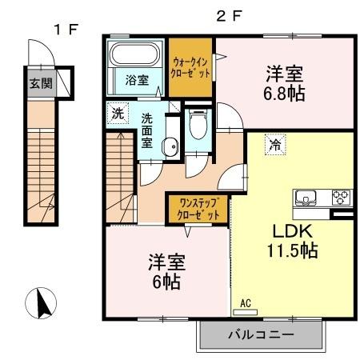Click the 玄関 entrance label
point(38,82)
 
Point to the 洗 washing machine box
point(118,113)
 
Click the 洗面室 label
point(147,130)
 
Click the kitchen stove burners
point(342,195)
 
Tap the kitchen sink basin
point(307,196)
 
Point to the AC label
point(246,303)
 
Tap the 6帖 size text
point(163,282)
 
